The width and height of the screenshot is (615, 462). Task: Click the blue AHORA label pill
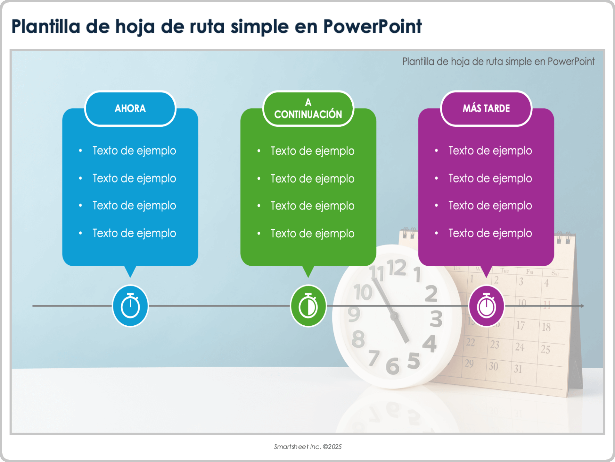tap(130, 108)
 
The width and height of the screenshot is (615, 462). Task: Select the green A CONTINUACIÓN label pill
tap(308, 108)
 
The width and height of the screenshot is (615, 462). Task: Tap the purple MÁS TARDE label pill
tap(486, 108)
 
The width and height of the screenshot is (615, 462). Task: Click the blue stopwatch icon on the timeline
tap(130, 306)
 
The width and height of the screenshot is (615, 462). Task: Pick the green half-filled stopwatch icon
tap(308, 306)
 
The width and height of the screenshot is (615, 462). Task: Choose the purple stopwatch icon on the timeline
tap(486, 306)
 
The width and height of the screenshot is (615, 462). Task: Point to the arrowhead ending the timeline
tap(582, 306)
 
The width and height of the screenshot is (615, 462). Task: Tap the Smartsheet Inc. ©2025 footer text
tap(307, 447)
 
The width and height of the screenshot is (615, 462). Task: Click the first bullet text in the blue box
tap(134, 150)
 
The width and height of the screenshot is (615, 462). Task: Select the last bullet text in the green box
tap(312, 233)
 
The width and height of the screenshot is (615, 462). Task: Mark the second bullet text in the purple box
tap(490, 178)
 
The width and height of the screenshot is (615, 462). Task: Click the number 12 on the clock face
tap(397, 268)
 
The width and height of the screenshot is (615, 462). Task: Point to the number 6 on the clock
tap(392, 366)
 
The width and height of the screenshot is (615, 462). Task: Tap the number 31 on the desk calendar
tap(518, 369)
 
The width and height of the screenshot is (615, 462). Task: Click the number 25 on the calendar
tap(545, 349)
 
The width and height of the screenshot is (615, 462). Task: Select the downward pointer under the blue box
tap(130, 271)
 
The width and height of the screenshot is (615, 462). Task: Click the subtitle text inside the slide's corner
tap(498, 61)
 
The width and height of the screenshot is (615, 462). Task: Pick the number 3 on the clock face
tap(436, 319)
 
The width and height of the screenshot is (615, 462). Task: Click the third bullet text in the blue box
tap(134, 205)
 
